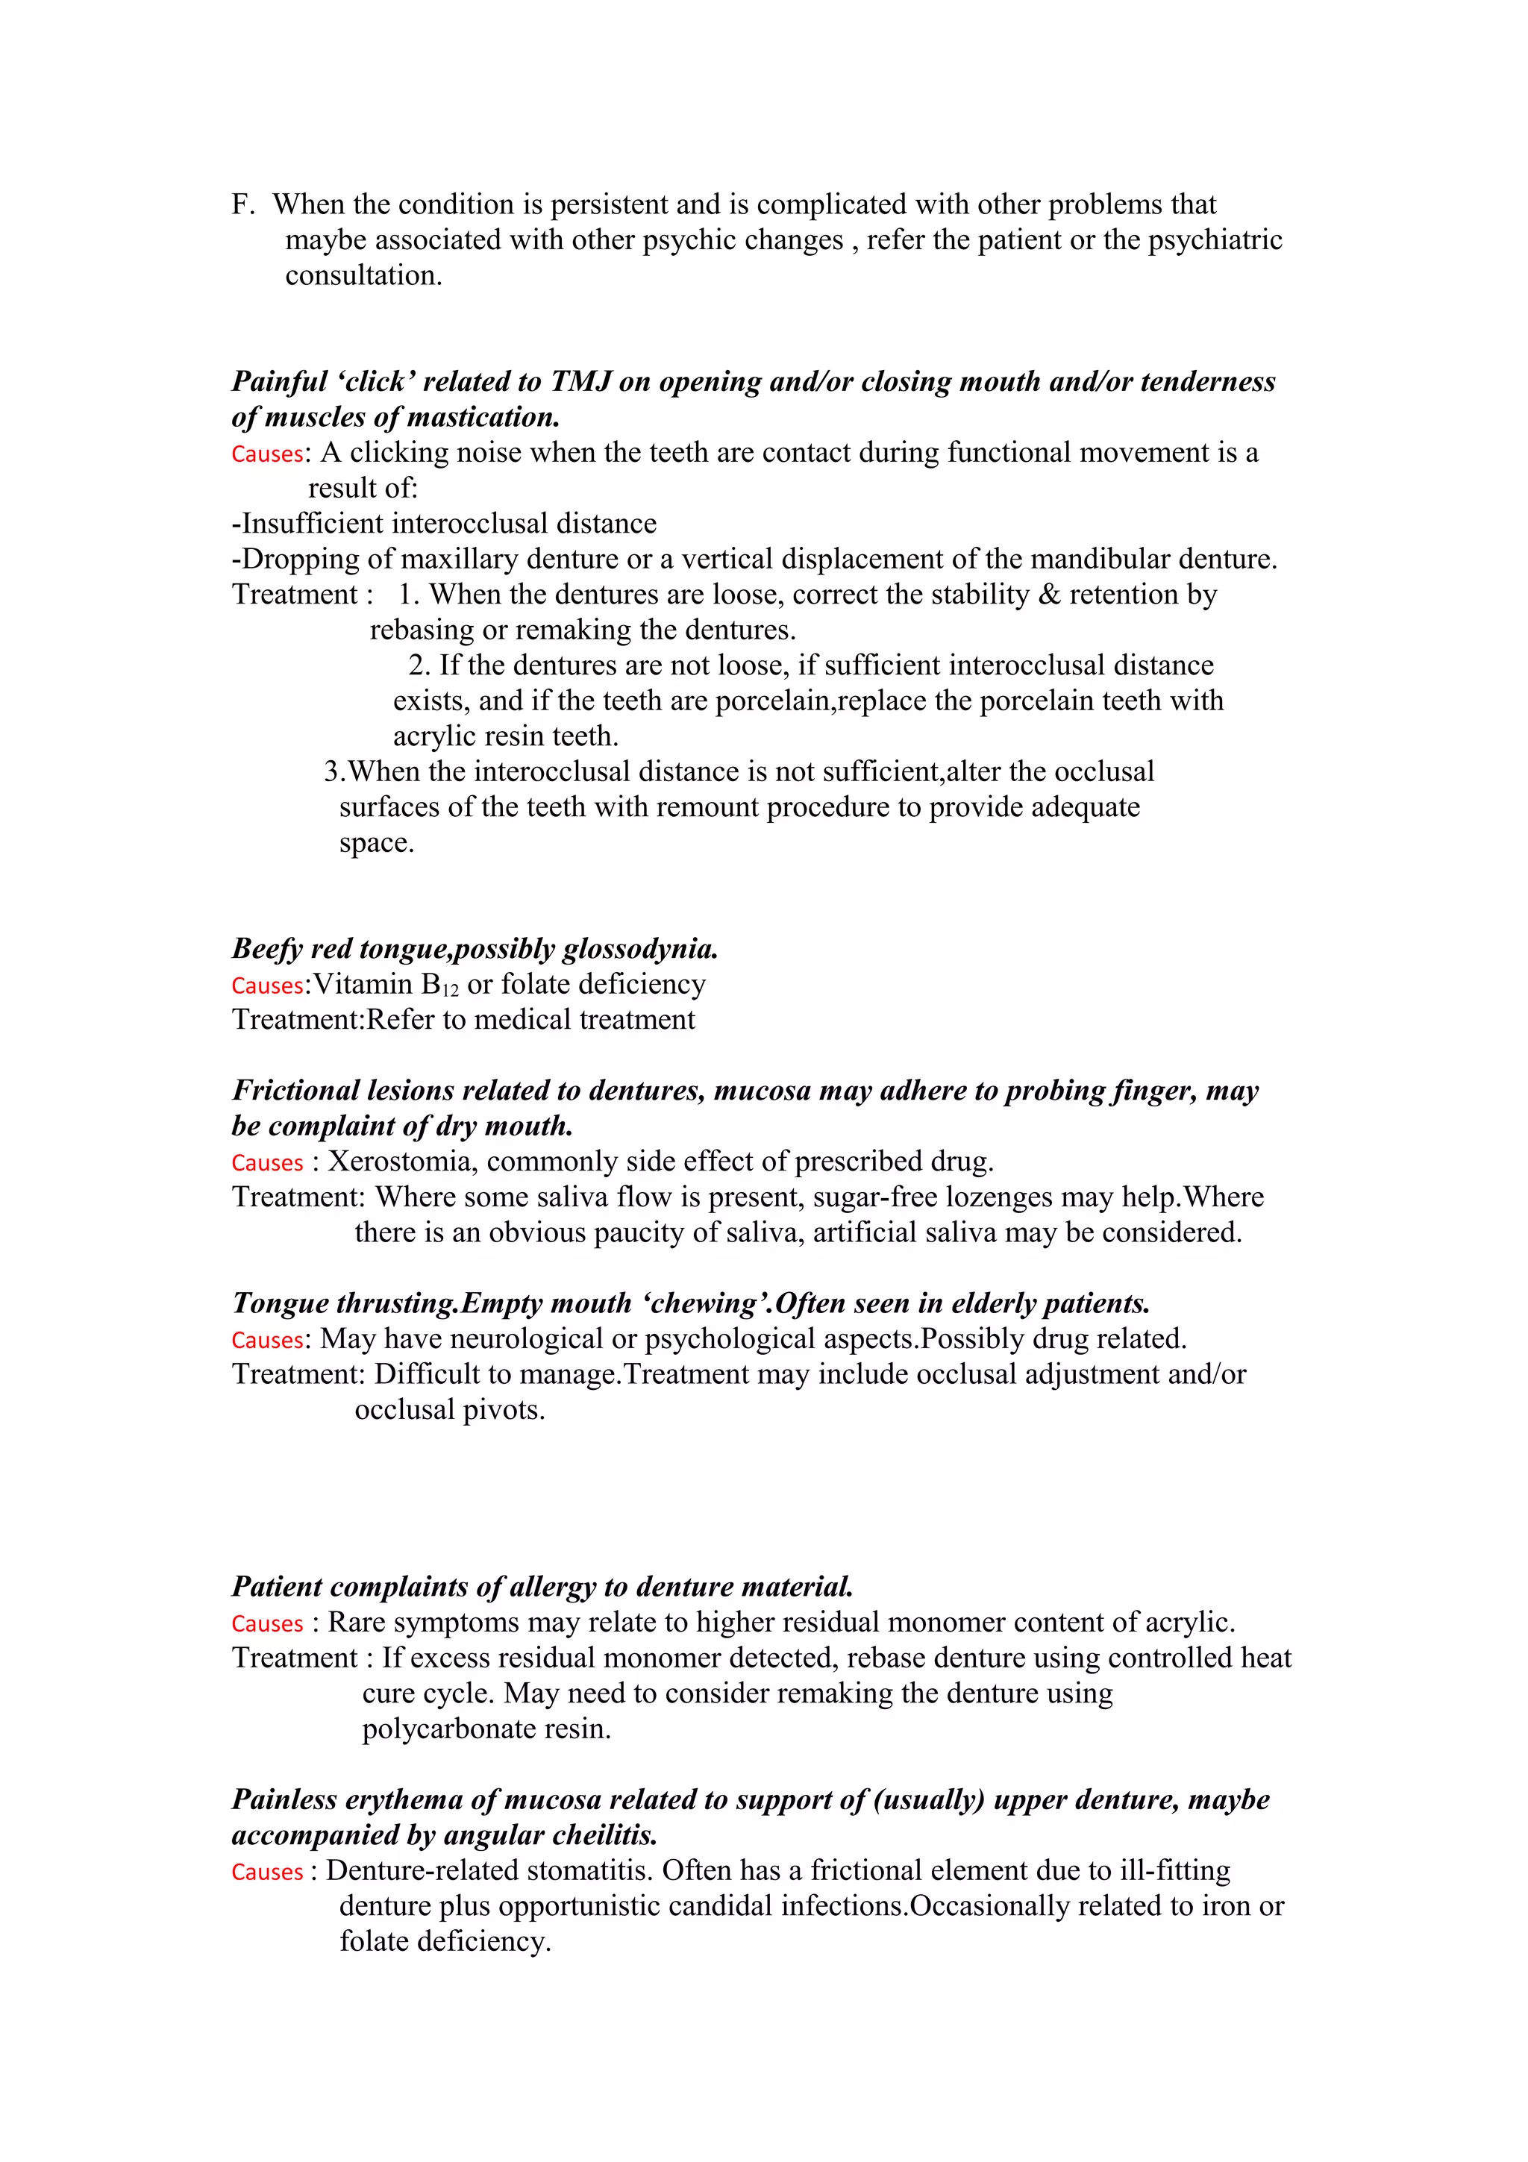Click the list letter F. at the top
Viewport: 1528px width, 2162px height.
(x=243, y=204)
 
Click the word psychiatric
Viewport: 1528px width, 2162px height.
(x=1215, y=240)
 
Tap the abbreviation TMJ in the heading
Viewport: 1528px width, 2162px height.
(x=581, y=381)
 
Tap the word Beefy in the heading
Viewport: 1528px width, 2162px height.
(x=267, y=949)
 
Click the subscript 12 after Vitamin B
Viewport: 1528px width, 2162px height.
(x=451, y=991)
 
